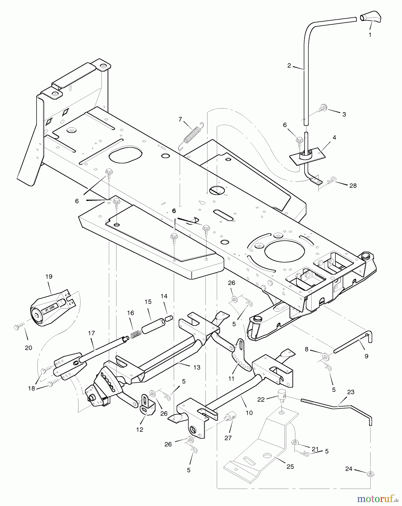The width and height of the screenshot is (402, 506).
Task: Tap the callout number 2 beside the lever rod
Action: tap(289, 65)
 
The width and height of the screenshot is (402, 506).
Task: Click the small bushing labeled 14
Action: tap(169, 318)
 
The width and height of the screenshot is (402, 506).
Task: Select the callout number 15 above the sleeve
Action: tap(148, 302)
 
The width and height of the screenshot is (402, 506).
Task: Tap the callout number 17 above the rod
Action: tap(91, 333)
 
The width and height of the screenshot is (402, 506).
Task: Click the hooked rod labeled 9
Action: tap(354, 343)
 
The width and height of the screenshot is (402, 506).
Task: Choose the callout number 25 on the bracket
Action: tap(290, 467)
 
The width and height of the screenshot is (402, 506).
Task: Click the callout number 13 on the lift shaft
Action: tap(197, 367)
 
